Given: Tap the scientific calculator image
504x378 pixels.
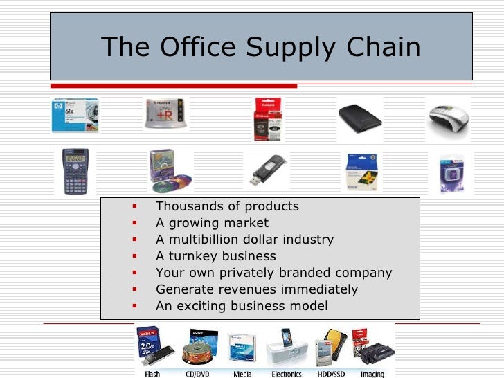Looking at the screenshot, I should point(75,171).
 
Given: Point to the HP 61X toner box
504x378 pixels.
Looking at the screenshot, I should point(75,114).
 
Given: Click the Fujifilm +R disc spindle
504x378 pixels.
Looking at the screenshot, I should point(165,114).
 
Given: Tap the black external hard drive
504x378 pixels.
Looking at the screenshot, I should point(359,116).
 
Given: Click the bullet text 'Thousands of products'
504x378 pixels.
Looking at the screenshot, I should point(227,206).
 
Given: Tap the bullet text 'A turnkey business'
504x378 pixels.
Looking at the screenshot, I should point(216,256).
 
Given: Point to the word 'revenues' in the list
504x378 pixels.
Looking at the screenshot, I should point(240,289).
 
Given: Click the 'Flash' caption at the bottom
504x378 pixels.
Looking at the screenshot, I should point(152,374).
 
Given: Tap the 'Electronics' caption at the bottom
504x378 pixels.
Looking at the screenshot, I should point(287,374).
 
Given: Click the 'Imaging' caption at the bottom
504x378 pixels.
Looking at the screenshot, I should point(373,374).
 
